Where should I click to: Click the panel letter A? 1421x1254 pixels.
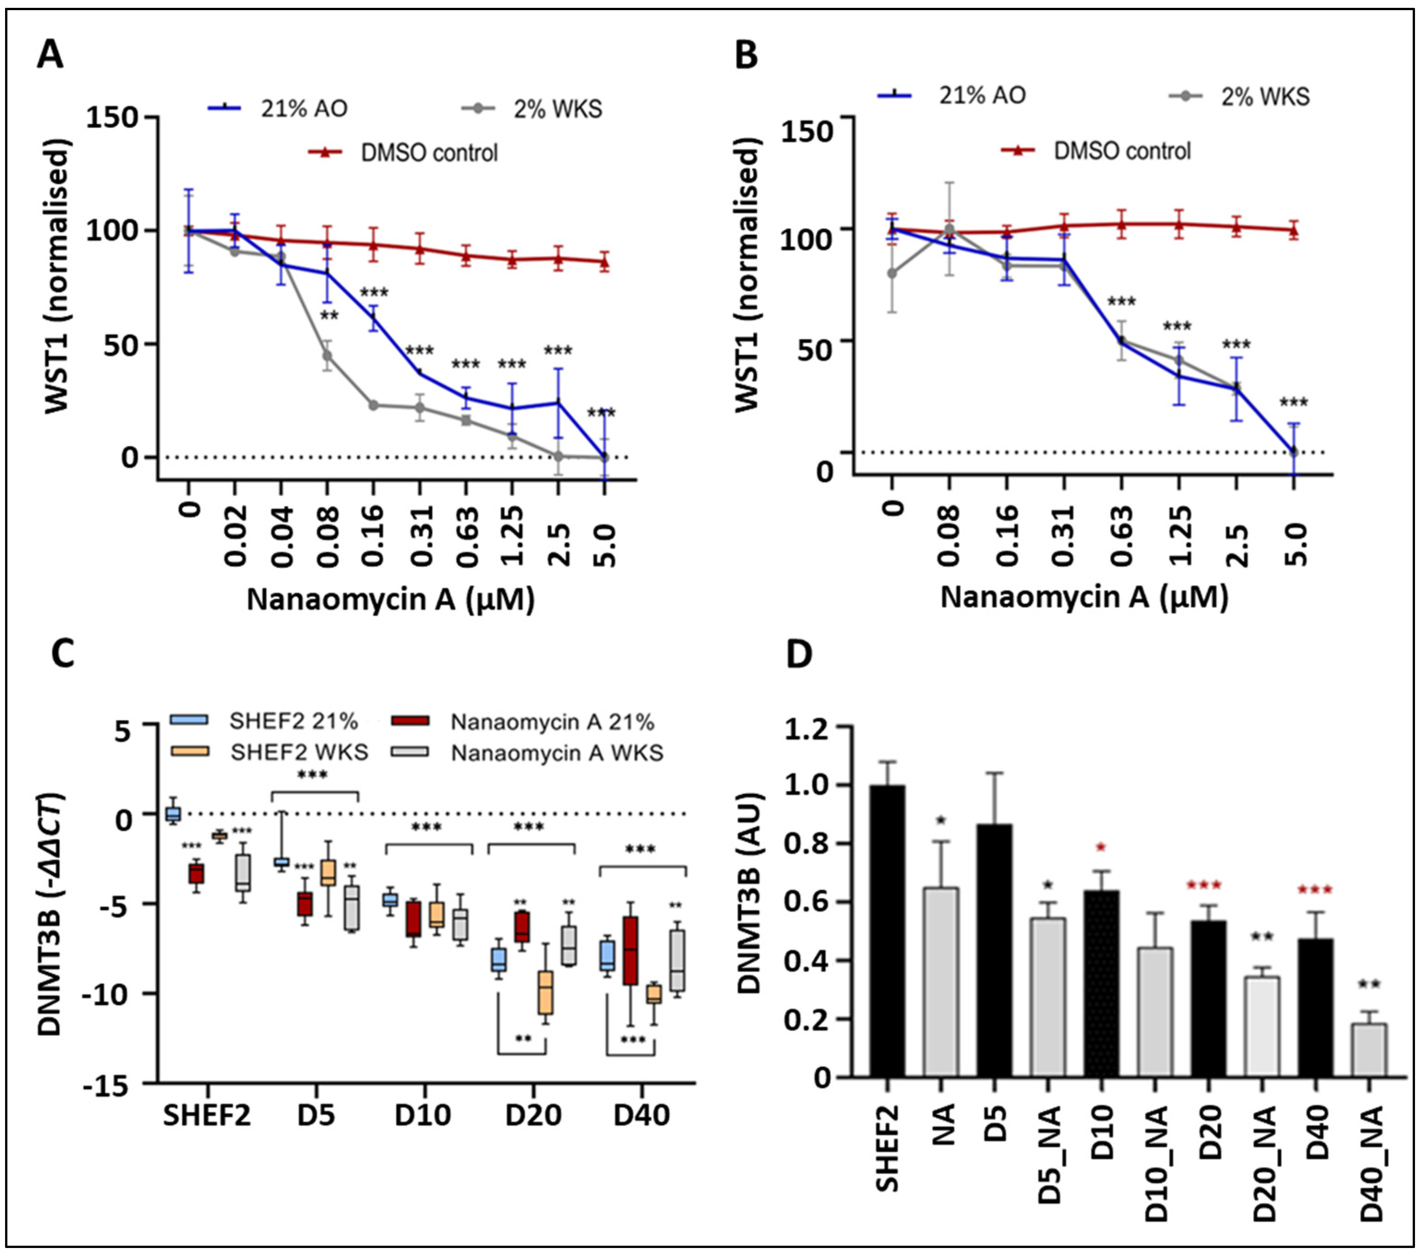(x=50, y=55)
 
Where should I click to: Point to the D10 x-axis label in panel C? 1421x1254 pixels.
(x=423, y=1116)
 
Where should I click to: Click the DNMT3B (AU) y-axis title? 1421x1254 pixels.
(x=749, y=903)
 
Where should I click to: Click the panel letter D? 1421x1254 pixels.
(x=799, y=654)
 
